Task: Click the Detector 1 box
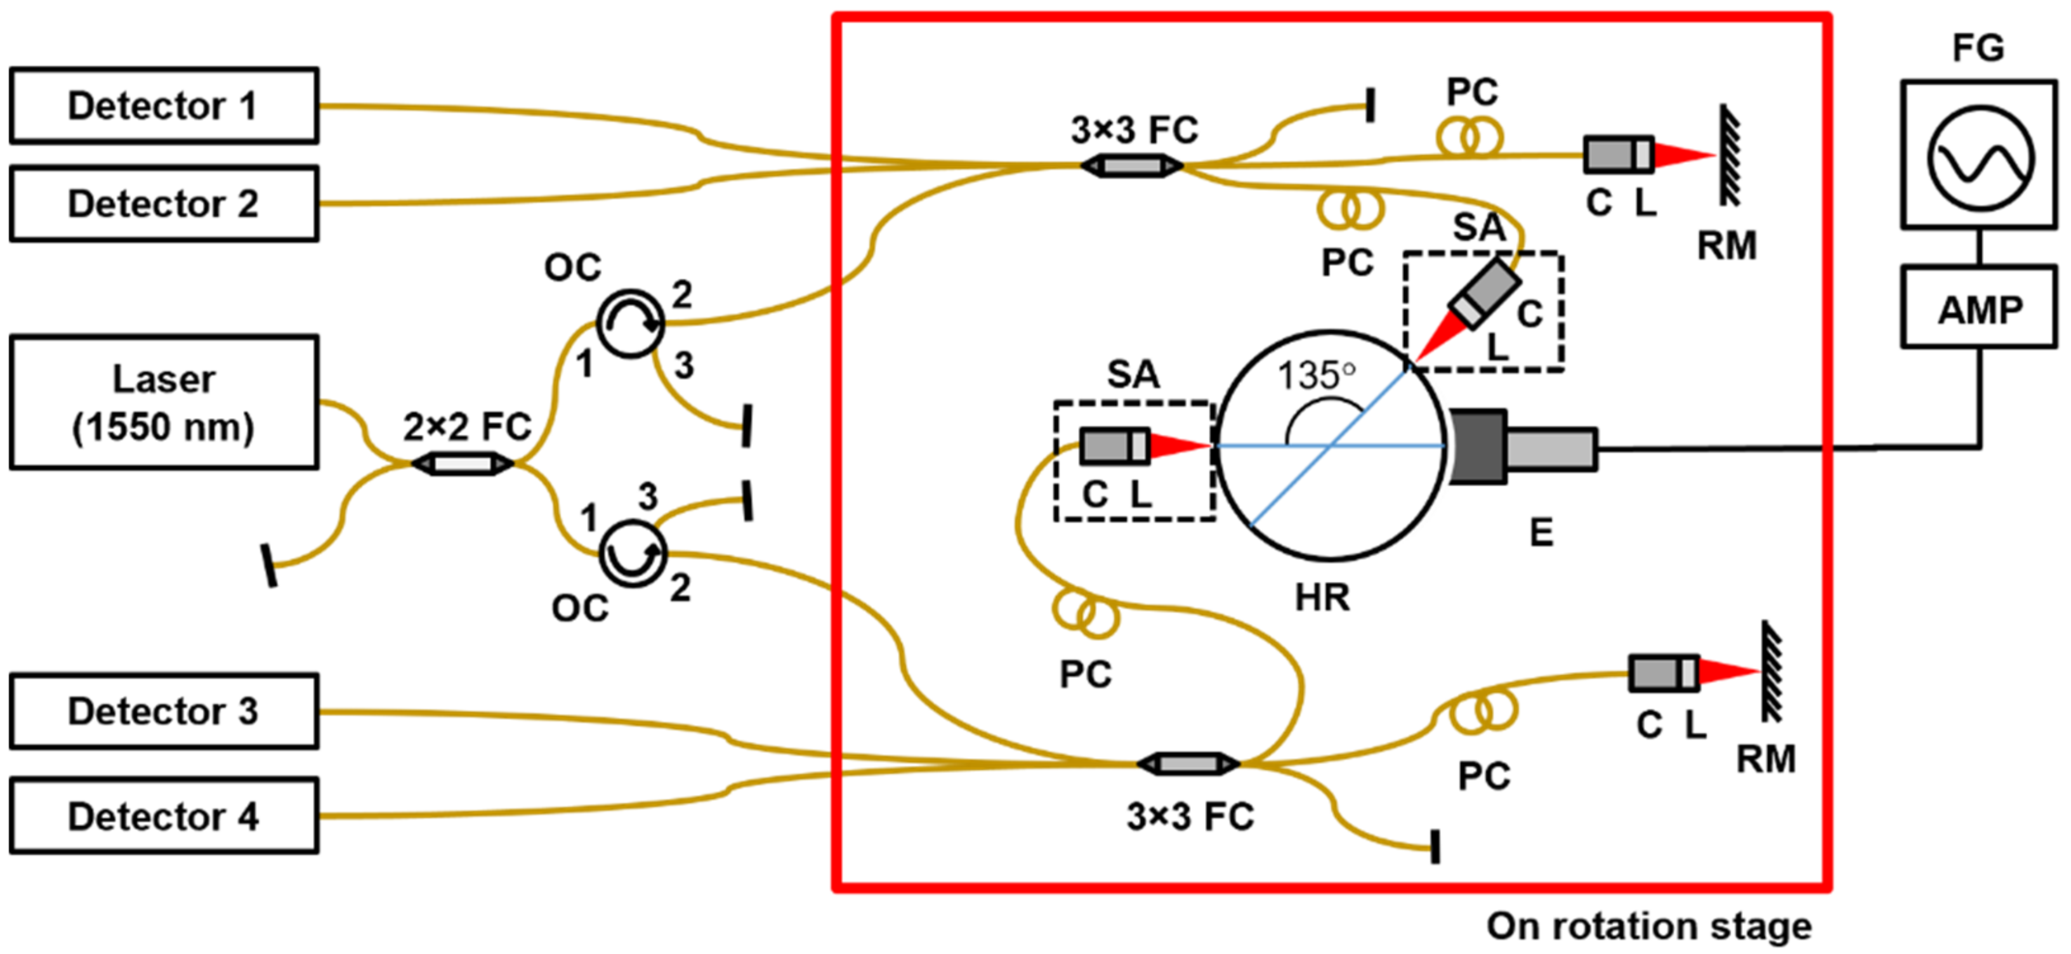pyautogui.click(x=163, y=105)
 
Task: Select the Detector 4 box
pyautogui.click(x=163, y=815)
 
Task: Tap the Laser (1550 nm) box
pyautogui.click(x=163, y=402)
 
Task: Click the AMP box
pyautogui.click(x=1978, y=309)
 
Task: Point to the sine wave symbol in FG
pyautogui.click(x=1980, y=157)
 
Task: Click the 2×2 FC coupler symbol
pyautogui.click(x=463, y=464)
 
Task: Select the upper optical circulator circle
pyautogui.click(x=630, y=323)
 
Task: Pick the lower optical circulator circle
pyautogui.click(x=633, y=553)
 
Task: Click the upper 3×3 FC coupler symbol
pyautogui.click(x=1131, y=166)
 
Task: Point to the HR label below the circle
pyautogui.click(x=1322, y=597)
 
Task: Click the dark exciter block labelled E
pyautogui.click(x=1478, y=447)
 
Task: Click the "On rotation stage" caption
pyautogui.click(x=1649, y=926)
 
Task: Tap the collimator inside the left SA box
pyautogui.click(x=1114, y=445)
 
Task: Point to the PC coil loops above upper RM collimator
pyautogui.click(x=1469, y=136)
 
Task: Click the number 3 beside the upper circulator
pyautogui.click(x=683, y=366)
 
